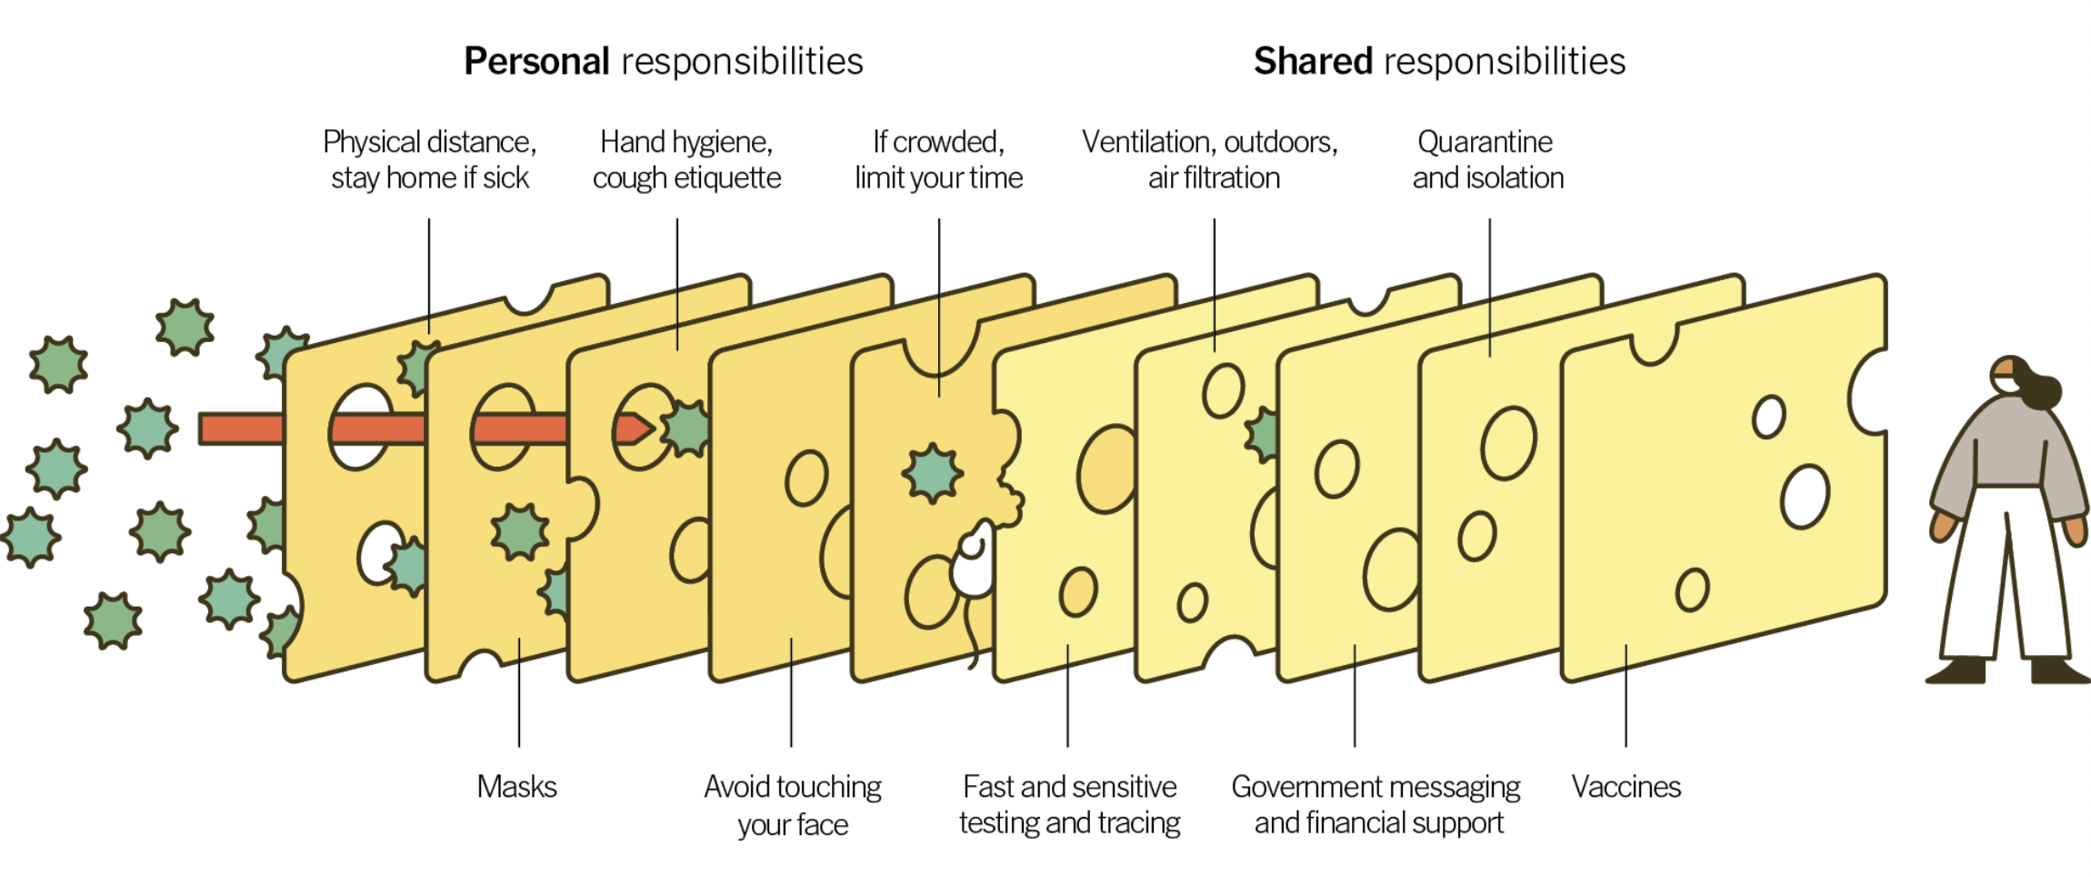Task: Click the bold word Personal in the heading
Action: (x=536, y=62)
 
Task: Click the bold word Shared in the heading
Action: (x=1313, y=62)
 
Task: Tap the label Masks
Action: (x=516, y=786)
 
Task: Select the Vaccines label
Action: (x=1626, y=786)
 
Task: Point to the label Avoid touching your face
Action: (x=793, y=805)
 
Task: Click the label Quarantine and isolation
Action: (x=1488, y=159)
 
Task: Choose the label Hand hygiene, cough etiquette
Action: (x=686, y=159)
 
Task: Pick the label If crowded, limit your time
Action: (x=938, y=159)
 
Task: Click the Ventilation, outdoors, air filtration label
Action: (x=1210, y=159)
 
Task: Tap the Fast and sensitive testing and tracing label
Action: (x=1069, y=804)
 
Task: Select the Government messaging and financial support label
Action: (x=1376, y=804)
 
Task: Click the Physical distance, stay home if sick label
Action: (x=430, y=159)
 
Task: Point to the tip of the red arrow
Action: (x=654, y=428)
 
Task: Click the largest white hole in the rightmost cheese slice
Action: (x=1806, y=497)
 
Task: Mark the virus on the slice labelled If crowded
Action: (x=932, y=473)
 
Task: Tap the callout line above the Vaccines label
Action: (x=1626, y=696)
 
